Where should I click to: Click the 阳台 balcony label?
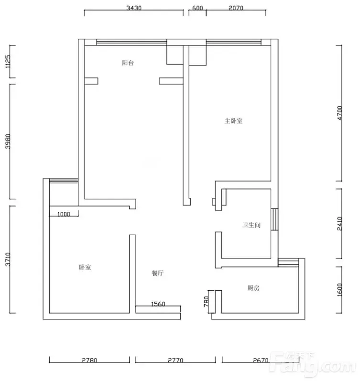click(x=128, y=63)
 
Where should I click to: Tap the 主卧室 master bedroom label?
click(x=233, y=121)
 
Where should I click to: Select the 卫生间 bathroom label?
click(x=251, y=225)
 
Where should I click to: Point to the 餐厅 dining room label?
click(x=158, y=273)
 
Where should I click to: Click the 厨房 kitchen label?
click(x=253, y=288)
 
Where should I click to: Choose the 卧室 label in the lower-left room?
click(x=85, y=267)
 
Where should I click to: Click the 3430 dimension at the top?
click(x=134, y=8)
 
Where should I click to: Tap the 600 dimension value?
click(x=197, y=8)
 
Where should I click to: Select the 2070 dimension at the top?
click(x=236, y=8)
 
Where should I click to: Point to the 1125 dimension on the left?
click(x=8, y=62)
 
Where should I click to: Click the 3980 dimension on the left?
click(x=8, y=142)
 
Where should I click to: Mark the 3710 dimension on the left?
click(x=8, y=260)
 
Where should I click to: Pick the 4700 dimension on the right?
click(x=340, y=113)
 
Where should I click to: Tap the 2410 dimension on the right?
click(x=340, y=223)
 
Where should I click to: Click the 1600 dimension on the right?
click(x=340, y=290)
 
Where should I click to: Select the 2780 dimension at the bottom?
click(x=89, y=360)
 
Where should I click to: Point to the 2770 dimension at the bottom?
click(x=175, y=360)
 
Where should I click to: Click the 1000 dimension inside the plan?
click(x=64, y=214)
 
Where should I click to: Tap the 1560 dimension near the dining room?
click(x=158, y=304)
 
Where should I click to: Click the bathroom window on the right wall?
click(x=274, y=219)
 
